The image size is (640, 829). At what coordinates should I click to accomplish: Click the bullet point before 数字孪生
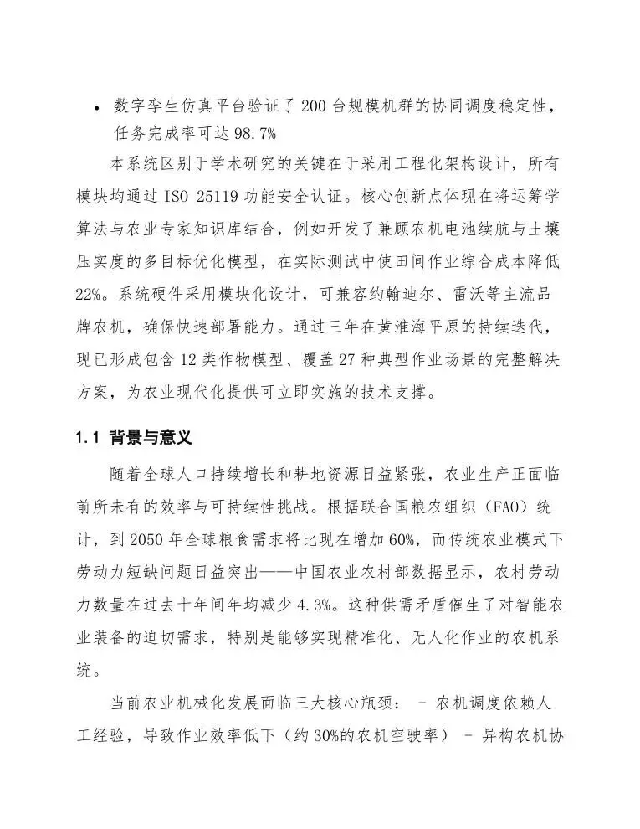point(98,109)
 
